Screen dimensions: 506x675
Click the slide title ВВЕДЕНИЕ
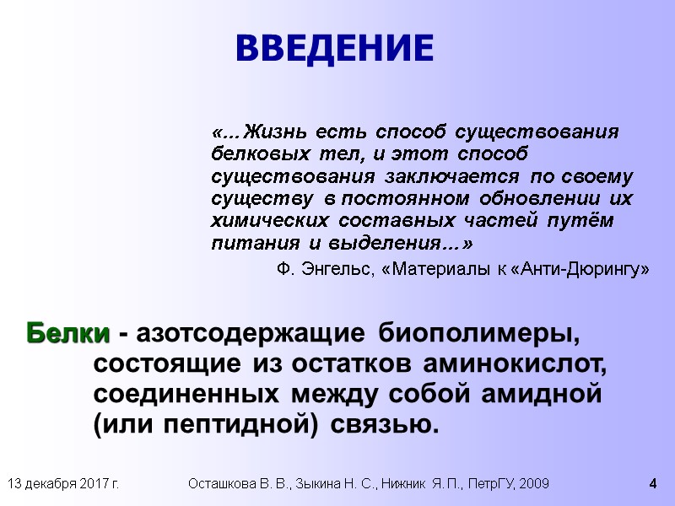tap(334, 48)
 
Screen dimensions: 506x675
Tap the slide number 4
tap(652, 484)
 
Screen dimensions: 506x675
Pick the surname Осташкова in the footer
tap(221, 484)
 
